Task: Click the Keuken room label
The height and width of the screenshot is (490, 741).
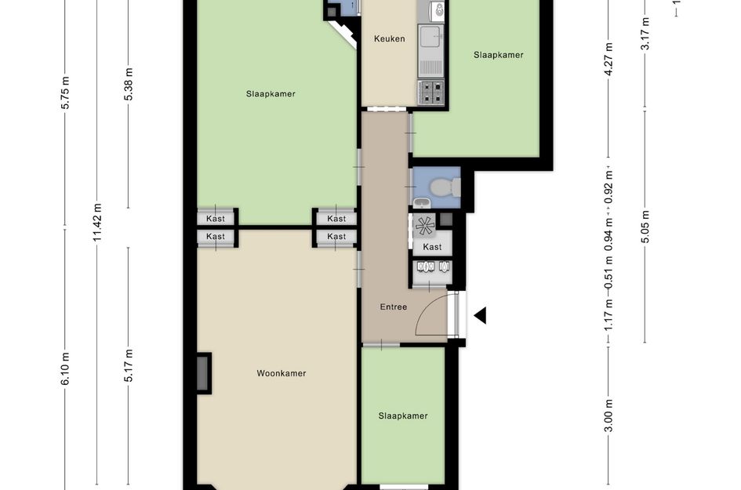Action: [x=390, y=38]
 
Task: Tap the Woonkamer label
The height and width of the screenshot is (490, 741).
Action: [x=282, y=373]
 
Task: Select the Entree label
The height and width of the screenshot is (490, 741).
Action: [x=393, y=307]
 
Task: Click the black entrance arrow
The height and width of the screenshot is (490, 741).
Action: [x=480, y=316]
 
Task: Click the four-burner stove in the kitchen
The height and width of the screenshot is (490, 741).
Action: [x=431, y=93]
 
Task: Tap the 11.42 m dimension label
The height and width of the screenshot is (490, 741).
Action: [x=97, y=222]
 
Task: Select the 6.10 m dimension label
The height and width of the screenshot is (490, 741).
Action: [x=65, y=368]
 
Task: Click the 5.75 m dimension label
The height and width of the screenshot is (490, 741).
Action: [x=65, y=93]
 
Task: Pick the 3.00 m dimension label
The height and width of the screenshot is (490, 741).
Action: [x=608, y=416]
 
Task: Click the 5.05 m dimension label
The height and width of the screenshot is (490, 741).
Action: [x=645, y=227]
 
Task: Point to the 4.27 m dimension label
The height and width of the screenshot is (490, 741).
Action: [x=608, y=59]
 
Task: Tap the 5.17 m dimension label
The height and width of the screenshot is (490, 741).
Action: [x=129, y=365]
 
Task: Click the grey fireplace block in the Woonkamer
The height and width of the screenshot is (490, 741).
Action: [x=203, y=373]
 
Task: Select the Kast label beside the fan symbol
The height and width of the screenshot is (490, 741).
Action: [x=432, y=247]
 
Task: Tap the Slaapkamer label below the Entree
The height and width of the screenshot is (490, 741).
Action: [x=402, y=416]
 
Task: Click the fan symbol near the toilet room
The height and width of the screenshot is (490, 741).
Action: [x=424, y=225]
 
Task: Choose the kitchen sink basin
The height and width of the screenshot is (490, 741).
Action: [x=430, y=36]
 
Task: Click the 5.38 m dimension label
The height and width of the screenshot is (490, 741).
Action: [x=129, y=84]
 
